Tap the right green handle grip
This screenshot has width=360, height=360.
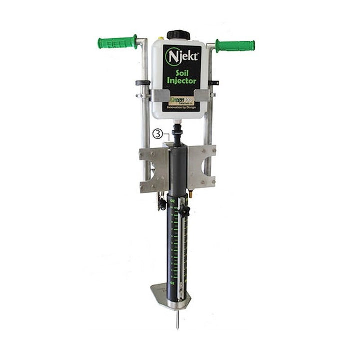[x=235, y=46]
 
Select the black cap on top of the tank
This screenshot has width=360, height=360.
[x=177, y=35]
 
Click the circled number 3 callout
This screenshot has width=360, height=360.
[x=157, y=134]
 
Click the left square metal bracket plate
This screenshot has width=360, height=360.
[x=153, y=169]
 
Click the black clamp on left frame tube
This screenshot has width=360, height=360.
[x=142, y=83]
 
